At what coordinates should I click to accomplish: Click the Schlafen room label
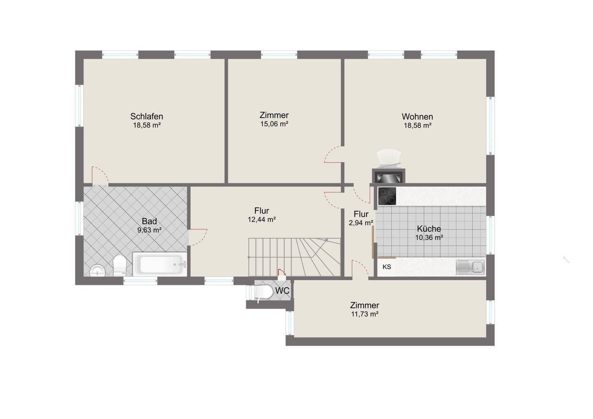[147, 116]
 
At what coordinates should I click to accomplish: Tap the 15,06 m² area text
[274, 124]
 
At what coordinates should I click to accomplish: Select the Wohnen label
[417, 116]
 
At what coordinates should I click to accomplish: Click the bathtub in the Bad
[160, 264]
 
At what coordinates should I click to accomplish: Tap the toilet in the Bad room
[119, 265]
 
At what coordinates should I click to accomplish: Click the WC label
[282, 291]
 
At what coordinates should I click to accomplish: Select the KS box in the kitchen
[387, 267]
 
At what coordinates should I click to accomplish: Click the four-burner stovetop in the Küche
[387, 196]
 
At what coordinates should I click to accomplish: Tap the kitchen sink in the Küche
[470, 267]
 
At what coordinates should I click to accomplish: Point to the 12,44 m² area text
[261, 219]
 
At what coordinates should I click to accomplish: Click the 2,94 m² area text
[361, 223]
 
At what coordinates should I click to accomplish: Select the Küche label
[429, 228]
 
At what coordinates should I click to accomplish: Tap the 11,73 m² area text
[364, 314]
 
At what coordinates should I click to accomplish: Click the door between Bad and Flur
[198, 237]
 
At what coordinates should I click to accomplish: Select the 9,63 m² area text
[149, 230]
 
